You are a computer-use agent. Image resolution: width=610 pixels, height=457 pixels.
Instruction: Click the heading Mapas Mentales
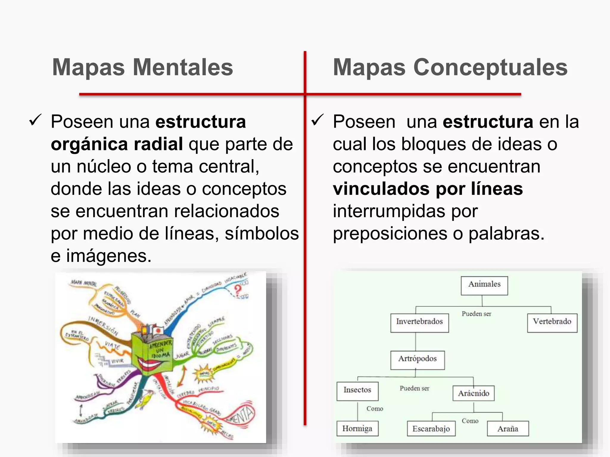coord(142,68)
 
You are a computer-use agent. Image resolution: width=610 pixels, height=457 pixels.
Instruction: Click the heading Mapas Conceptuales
coord(450,68)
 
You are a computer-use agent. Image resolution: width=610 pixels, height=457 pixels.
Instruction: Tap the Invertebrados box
coord(419,323)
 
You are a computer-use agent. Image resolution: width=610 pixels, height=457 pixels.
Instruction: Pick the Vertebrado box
coord(552,323)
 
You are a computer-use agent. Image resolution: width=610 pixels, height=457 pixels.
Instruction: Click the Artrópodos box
coord(417,360)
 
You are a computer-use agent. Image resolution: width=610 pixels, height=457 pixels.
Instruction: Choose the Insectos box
coord(357,391)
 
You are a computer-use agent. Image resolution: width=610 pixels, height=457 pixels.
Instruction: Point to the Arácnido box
coord(473,393)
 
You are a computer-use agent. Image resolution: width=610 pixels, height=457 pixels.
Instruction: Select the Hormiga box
coord(357,428)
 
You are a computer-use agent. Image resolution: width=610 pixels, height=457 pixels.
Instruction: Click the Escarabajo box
coord(431,428)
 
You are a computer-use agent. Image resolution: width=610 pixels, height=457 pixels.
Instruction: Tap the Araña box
coord(508,428)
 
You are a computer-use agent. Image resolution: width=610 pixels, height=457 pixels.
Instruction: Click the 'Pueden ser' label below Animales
coord(476,314)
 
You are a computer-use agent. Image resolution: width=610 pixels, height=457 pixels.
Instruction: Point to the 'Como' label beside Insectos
coord(375,409)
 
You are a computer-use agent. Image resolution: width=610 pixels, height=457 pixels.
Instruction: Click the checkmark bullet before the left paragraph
coord(35,120)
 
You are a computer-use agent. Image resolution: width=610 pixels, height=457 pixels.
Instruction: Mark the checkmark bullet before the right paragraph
coord(317,120)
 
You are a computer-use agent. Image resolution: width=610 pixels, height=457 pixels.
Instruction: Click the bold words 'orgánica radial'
coord(117,144)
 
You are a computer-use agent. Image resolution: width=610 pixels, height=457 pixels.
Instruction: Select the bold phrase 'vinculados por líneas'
coord(428,189)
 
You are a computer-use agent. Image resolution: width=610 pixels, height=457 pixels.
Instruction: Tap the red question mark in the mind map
coord(237,290)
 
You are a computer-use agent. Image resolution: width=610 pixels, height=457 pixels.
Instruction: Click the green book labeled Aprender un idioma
coord(152,353)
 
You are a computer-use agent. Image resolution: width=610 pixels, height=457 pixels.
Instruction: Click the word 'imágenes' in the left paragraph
coord(109,256)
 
